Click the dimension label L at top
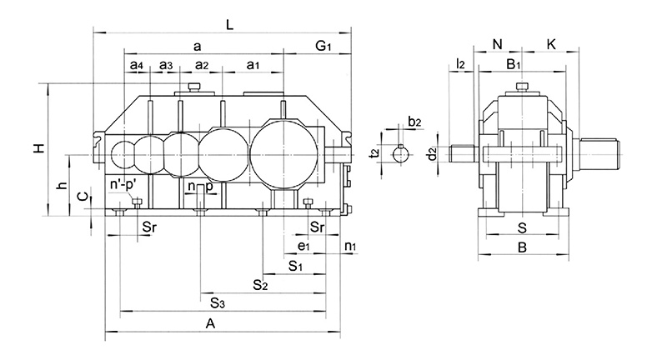pyautogui.click(x=230, y=25)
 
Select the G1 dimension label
pyautogui.click(x=323, y=46)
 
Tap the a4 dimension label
pyautogui.click(x=137, y=65)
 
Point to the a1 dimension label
pyautogui.click(x=253, y=65)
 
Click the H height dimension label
pyautogui.click(x=39, y=148)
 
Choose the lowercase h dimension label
pyautogui.click(x=63, y=185)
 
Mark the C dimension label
pyautogui.click(x=83, y=197)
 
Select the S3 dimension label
pyautogui.click(x=218, y=303)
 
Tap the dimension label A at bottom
pyautogui.click(x=211, y=324)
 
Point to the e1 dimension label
pyautogui.click(x=303, y=246)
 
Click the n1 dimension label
pyautogui.click(x=350, y=246)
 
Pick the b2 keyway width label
pyautogui.click(x=414, y=122)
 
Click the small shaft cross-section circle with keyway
pyautogui.click(x=401, y=154)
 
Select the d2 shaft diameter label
pyautogui.click(x=432, y=154)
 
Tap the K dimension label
pyautogui.click(x=551, y=44)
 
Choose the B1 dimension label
pyautogui.click(x=514, y=64)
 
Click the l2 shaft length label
pyautogui.click(x=460, y=64)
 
